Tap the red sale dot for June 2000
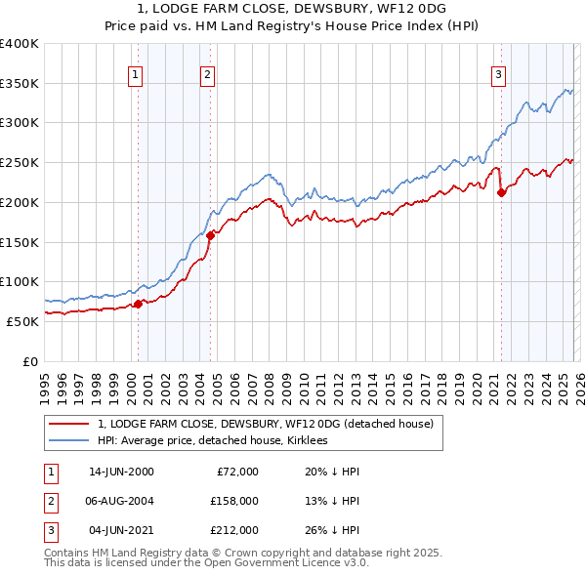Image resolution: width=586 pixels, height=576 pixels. pyautogui.click(x=138, y=304)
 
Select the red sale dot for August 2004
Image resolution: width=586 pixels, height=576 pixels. pyautogui.click(x=210, y=234)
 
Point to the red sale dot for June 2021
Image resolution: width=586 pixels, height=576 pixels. pyautogui.click(x=501, y=192)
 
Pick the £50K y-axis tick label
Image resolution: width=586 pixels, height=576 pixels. pyautogui.click(x=21, y=321)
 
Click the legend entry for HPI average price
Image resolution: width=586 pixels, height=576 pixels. pyautogui.click(x=212, y=441)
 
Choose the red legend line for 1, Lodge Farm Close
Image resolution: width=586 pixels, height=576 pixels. pyautogui.click(x=68, y=424)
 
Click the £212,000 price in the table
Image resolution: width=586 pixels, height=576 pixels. pyautogui.click(x=233, y=530)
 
